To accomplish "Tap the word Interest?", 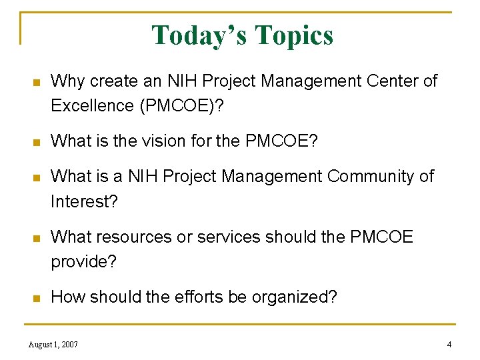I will tap(84, 201).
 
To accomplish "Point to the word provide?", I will tap(83, 261).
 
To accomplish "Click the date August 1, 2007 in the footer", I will tap(53, 345).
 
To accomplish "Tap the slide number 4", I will tap(449, 345).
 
